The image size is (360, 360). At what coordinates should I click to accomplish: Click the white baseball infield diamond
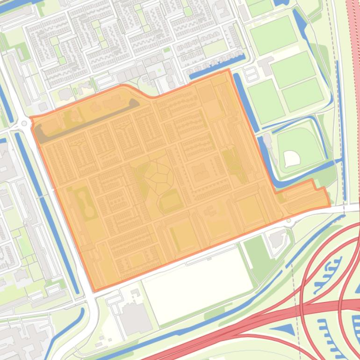click(292, 158)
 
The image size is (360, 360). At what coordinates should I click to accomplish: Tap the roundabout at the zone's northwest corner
click(23, 124)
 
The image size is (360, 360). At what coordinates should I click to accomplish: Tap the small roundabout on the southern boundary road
click(288, 220)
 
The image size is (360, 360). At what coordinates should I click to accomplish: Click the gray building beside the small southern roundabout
click(277, 238)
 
